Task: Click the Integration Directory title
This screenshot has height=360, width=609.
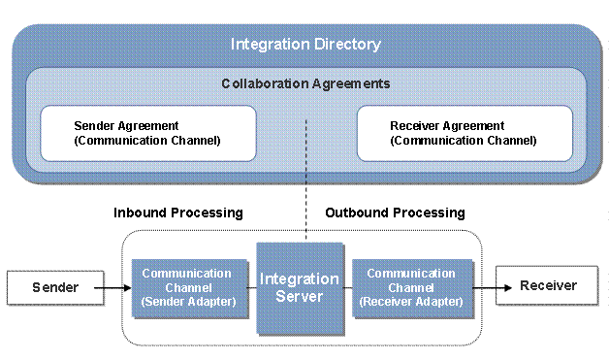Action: pyautogui.click(x=305, y=45)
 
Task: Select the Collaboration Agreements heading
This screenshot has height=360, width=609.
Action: pyautogui.click(x=305, y=83)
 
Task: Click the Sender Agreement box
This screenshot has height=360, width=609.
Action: pyautogui.click(x=147, y=133)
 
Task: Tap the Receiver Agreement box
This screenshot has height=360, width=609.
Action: pyautogui.click(x=465, y=133)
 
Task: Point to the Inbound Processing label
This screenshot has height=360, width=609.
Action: pyautogui.click(x=178, y=212)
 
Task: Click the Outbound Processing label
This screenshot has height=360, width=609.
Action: pyautogui.click(x=395, y=212)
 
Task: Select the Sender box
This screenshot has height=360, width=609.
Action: pyautogui.click(x=54, y=287)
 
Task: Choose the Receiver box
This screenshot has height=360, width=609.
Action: pyautogui.click(x=548, y=286)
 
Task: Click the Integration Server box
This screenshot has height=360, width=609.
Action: pyautogui.click(x=300, y=287)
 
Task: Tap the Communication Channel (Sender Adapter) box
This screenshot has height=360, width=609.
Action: pyautogui.click(x=187, y=287)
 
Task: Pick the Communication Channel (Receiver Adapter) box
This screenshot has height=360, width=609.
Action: pyautogui.click(x=411, y=287)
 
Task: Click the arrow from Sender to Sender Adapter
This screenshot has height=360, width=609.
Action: pyautogui.click(x=114, y=287)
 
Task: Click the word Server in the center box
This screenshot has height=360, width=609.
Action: pyautogui.click(x=300, y=296)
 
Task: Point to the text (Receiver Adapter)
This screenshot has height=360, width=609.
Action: pyautogui.click(x=411, y=302)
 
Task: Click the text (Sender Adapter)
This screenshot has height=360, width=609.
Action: pyautogui.click(x=187, y=302)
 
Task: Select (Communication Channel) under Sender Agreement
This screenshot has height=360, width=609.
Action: pyautogui.click(x=147, y=141)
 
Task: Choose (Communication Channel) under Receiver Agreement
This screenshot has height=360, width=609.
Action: pyautogui.click(x=464, y=141)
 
